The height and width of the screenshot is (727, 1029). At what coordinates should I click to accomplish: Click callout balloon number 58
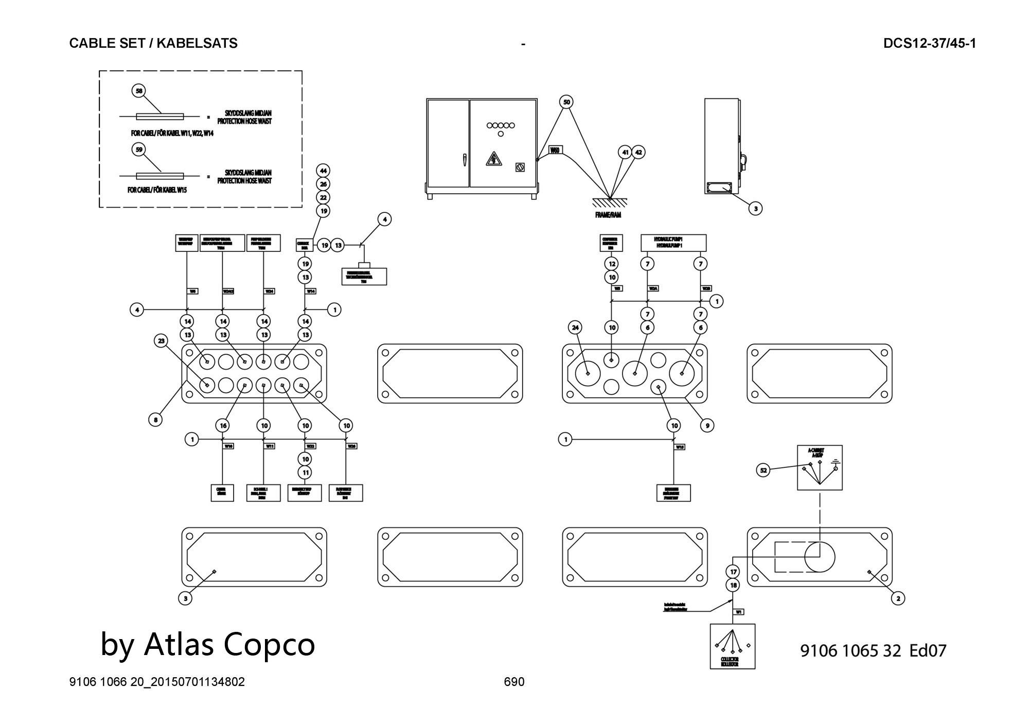tap(139, 91)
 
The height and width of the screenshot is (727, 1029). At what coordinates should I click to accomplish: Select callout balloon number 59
tap(139, 150)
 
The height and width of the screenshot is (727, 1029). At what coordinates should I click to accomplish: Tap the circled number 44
tap(323, 171)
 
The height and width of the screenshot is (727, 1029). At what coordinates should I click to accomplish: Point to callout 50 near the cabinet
tap(566, 102)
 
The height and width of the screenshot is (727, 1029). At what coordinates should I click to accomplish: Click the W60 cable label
tap(555, 150)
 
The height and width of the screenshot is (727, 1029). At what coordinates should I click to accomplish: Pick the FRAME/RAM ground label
tap(608, 215)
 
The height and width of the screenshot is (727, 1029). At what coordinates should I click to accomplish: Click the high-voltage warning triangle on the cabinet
tap(493, 160)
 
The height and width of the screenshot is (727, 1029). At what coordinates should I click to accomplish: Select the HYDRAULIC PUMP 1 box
tap(673, 243)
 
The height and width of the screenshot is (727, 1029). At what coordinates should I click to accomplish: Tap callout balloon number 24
tap(575, 327)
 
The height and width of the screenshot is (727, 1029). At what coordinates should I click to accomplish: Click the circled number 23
tap(162, 341)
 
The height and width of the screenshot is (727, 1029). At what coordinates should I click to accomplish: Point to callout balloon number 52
tap(764, 470)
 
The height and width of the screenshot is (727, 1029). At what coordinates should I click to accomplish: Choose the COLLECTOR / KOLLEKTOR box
tap(732, 646)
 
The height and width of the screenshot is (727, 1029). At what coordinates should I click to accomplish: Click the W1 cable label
tap(738, 612)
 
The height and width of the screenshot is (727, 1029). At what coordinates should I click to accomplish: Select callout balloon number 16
tap(223, 426)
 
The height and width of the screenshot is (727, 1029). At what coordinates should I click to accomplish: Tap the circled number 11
tap(306, 472)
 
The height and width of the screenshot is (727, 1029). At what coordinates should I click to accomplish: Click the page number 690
tap(514, 682)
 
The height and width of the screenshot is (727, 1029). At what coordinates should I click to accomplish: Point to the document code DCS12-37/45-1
tap(929, 43)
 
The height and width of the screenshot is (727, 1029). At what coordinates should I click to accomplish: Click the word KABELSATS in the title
tap(197, 43)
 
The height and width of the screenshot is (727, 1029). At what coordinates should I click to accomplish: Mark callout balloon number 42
tap(638, 153)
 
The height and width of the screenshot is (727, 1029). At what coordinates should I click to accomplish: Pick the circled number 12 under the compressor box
tap(612, 264)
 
